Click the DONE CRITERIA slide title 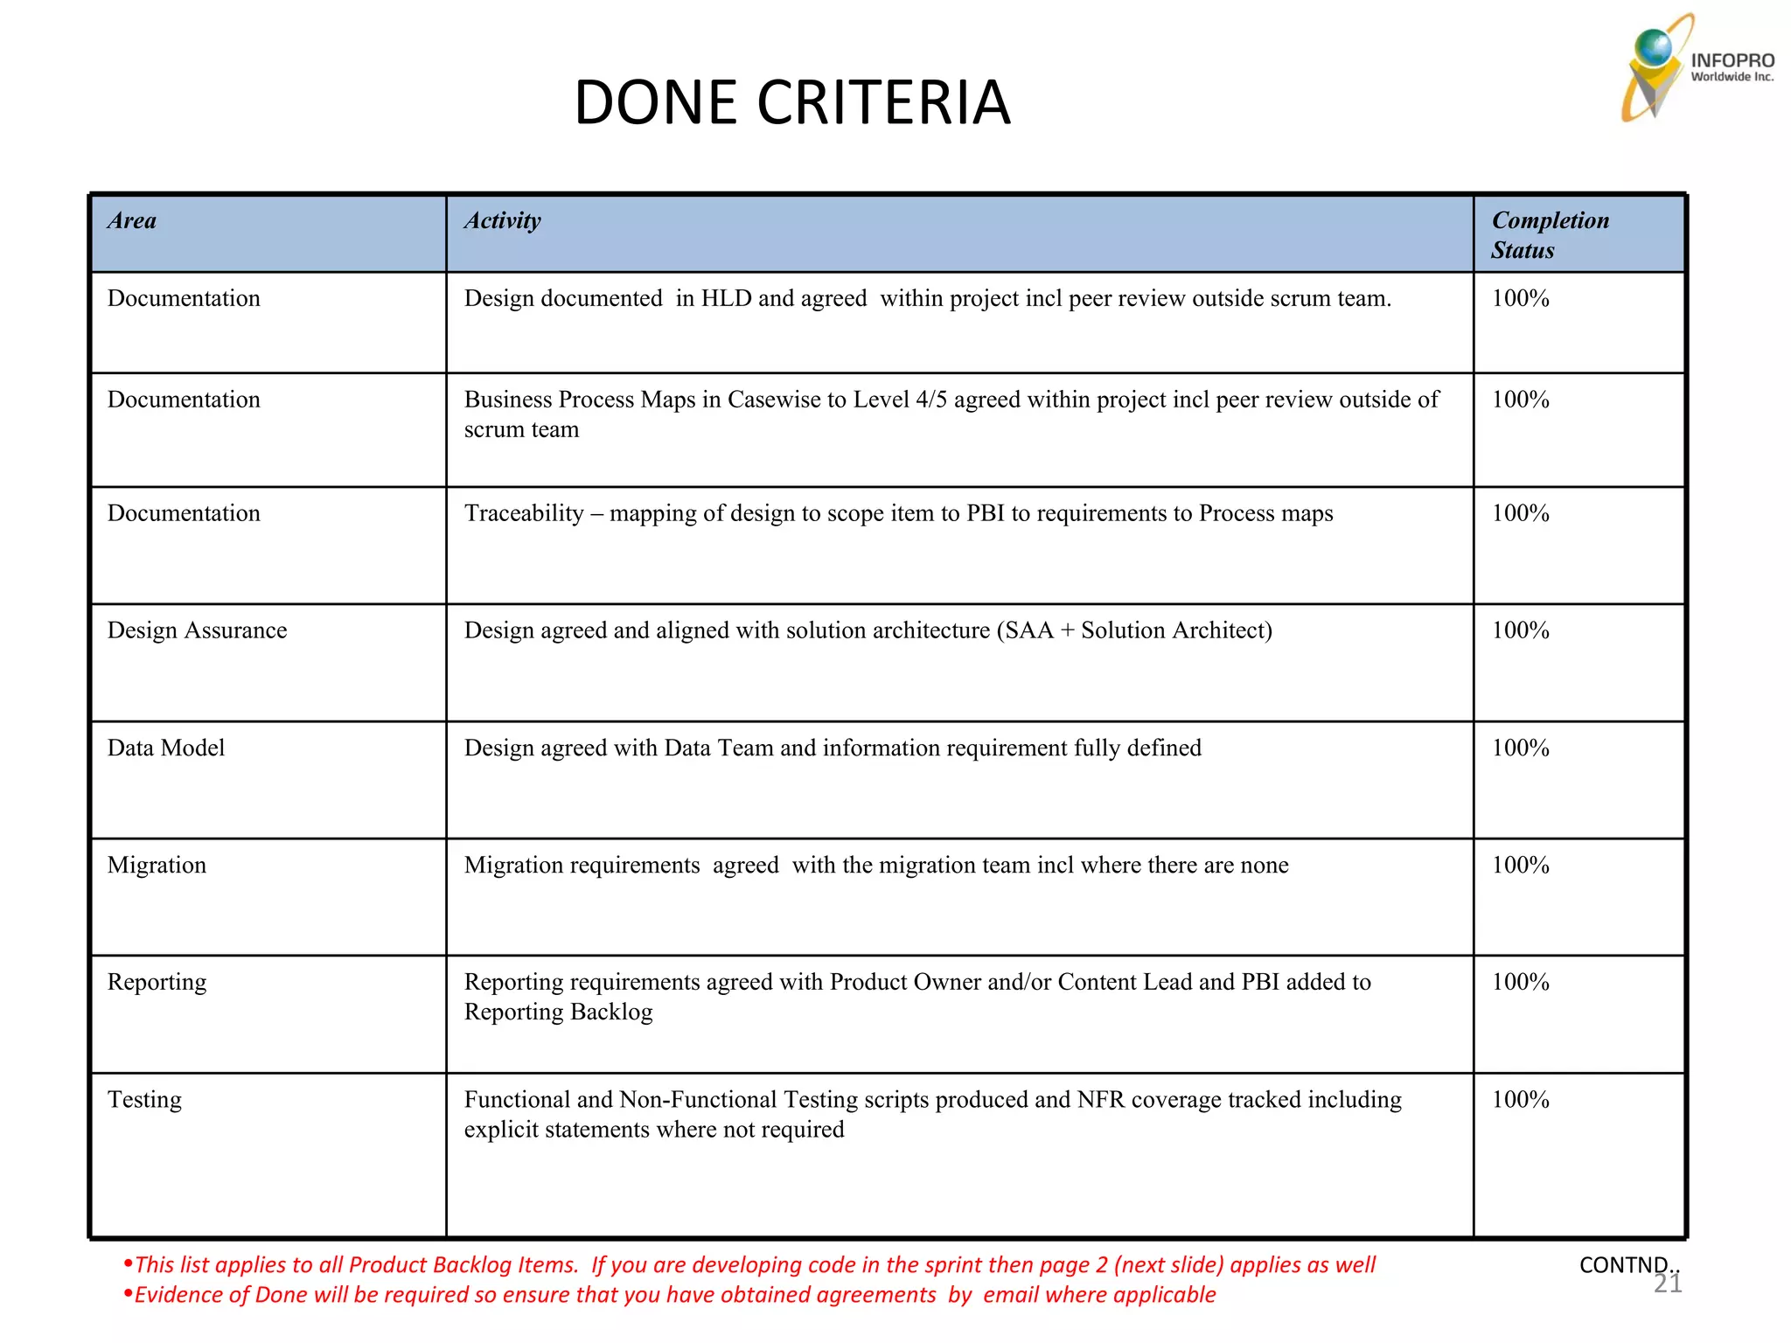pos(791,102)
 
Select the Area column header pos(132,220)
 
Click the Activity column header pos(502,220)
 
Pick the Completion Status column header pos(1550,235)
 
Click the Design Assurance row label pos(197,630)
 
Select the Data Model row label pos(165,748)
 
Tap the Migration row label pos(157,865)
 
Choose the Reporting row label pos(157,982)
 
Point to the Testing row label pos(144,1099)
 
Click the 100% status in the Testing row pos(1520,1099)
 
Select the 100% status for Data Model pos(1520,748)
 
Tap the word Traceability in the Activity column pos(524,513)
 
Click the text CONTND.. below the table pos(1628,1264)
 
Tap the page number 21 pos(1668,1284)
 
